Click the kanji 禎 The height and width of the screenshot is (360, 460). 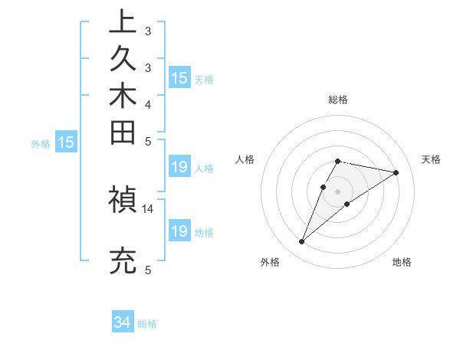(123, 200)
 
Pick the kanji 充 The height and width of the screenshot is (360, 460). (123, 260)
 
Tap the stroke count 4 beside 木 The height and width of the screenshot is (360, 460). (148, 104)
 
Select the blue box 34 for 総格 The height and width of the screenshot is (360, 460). (123, 323)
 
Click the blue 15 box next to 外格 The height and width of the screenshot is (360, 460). (67, 142)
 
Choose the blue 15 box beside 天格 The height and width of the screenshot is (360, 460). (179, 78)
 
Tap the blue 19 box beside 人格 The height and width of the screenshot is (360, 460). (179, 168)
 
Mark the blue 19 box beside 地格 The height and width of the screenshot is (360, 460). (179, 231)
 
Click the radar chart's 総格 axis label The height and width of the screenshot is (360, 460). (338, 100)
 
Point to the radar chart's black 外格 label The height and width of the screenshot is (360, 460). (270, 262)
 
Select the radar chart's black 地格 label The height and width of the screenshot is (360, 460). (402, 262)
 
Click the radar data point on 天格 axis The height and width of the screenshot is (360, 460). (396, 172)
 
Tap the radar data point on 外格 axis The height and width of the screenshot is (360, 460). (302, 242)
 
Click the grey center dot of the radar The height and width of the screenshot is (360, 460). (338, 191)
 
